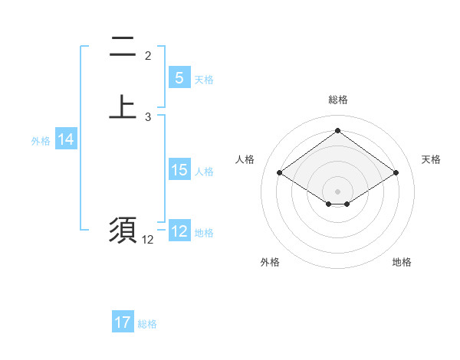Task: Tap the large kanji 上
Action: pyautogui.click(x=123, y=106)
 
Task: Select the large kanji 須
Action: pyautogui.click(x=123, y=230)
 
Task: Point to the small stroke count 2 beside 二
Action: pyautogui.click(x=148, y=56)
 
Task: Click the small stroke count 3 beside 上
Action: pyautogui.click(x=148, y=116)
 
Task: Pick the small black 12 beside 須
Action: pyautogui.click(x=148, y=240)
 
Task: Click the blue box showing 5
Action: pyautogui.click(x=179, y=78)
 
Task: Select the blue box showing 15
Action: pyautogui.click(x=179, y=170)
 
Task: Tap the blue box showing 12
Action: pyautogui.click(x=179, y=231)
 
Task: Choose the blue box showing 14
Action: pyautogui.click(x=66, y=139)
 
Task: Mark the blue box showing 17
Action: pyautogui.click(x=123, y=322)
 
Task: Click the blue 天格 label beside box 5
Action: pyautogui.click(x=204, y=79)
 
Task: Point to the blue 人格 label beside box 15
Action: pyautogui.click(x=204, y=171)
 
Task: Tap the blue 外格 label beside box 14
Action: pyautogui.click(x=41, y=140)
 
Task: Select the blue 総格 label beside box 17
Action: pyautogui.click(x=147, y=323)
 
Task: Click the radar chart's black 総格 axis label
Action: pyautogui.click(x=337, y=100)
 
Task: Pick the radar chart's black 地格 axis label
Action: pyautogui.click(x=402, y=262)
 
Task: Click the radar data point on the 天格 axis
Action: pyautogui.click(x=396, y=173)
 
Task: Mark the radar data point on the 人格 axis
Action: pyautogui.click(x=280, y=173)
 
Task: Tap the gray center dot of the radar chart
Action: pyautogui.click(x=337, y=191)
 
